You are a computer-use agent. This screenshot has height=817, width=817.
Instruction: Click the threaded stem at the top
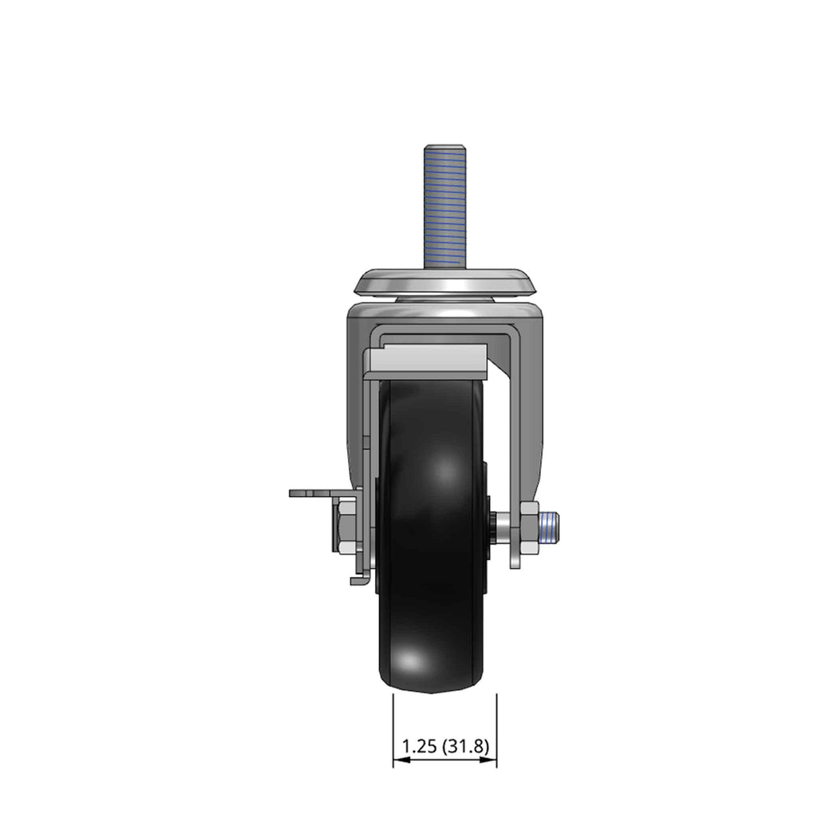point(444,207)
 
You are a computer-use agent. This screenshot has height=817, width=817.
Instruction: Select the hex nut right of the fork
point(528,527)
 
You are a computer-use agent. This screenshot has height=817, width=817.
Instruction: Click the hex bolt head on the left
point(346,527)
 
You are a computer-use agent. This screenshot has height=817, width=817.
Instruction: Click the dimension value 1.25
point(419,747)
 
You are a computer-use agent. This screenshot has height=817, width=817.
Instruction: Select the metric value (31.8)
point(466,747)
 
